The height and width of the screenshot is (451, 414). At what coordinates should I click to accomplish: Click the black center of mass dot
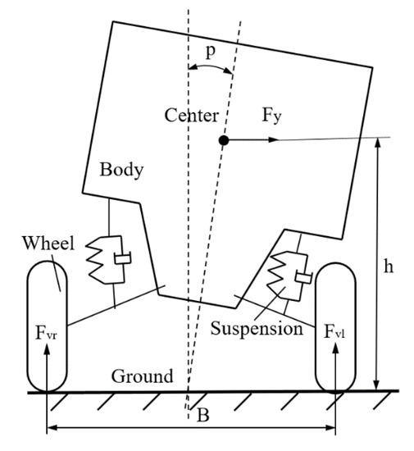223,140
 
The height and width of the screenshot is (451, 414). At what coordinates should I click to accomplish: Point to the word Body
121,171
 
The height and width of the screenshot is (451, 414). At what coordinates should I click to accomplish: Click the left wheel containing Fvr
48,324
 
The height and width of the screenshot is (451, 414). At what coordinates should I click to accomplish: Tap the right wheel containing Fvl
336,324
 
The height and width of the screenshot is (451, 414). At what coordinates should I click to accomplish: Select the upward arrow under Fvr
48,366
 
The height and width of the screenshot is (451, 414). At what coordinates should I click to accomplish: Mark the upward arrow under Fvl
336,366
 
